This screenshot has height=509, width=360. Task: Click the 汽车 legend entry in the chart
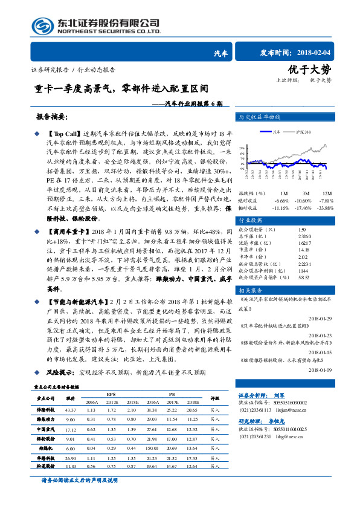click(x=277, y=131)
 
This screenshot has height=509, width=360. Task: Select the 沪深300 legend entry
click(x=304, y=131)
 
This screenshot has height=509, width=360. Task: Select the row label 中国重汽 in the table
click(x=46, y=429)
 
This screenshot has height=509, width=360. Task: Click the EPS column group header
click(x=112, y=394)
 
